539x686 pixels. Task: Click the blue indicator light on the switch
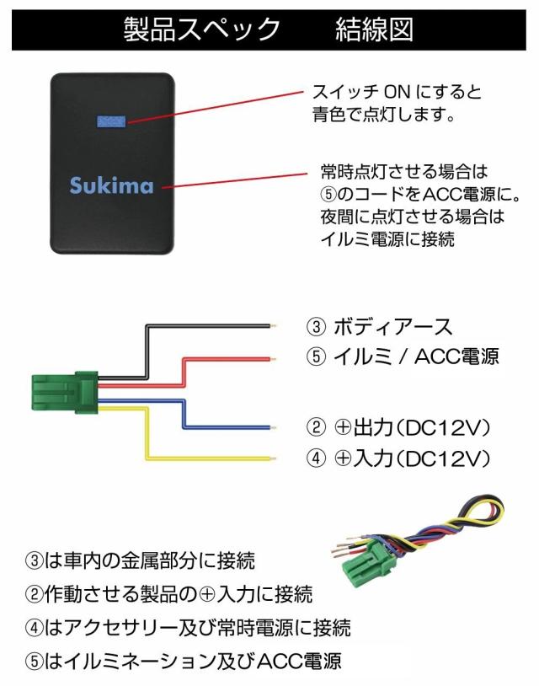pyautogui.click(x=111, y=122)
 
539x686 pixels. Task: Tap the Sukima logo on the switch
pyautogui.click(x=111, y=185)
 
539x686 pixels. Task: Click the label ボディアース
pyautogui.click(x=393, y=327)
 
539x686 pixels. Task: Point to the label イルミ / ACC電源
pyautogui.click(x=416, y=356)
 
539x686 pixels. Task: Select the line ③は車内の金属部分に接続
pyautogui.click(x=140, y=560)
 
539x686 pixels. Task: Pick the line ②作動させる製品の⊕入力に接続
pyautogui.click(x=168, y=594)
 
